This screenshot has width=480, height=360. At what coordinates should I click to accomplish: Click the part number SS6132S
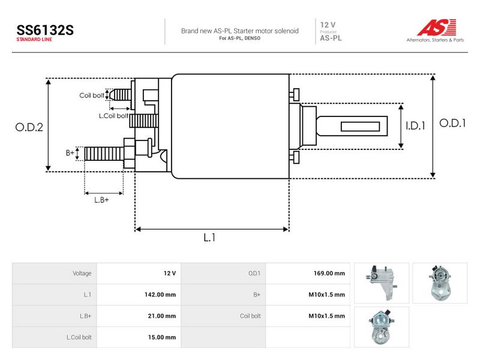pos(45,30)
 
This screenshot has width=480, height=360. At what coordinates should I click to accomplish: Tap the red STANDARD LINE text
pos(34,40)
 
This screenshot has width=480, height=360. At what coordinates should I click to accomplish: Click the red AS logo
pos(437,27)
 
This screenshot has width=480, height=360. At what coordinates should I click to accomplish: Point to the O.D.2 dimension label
pos(29,127)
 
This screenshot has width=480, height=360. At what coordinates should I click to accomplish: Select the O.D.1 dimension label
pos(452,123)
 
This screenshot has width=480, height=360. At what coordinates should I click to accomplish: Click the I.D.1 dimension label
pos(415,125)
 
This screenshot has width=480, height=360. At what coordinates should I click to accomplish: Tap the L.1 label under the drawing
pos(209,237)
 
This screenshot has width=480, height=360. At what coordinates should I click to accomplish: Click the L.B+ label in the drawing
pos(101,200)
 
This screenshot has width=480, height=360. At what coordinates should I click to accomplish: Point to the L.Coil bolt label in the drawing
pos(113,116)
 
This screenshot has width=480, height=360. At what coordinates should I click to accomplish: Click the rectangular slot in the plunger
pos(361,127)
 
